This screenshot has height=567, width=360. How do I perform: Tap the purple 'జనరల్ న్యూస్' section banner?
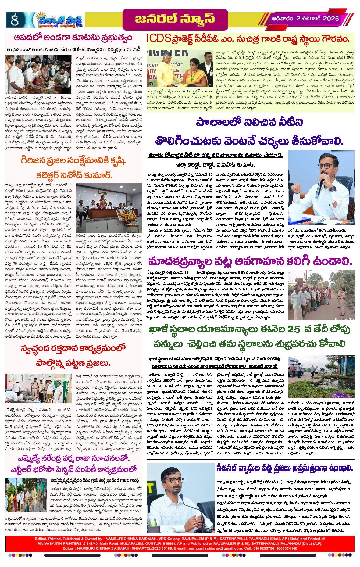[x=175, y=19]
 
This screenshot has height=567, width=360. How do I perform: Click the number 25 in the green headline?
[x=293, y=329]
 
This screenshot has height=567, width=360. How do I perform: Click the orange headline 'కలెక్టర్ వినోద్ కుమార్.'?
[x=74, y=175]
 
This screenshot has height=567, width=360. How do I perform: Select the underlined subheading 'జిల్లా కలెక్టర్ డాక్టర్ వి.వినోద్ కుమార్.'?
[x=215, y=164]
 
